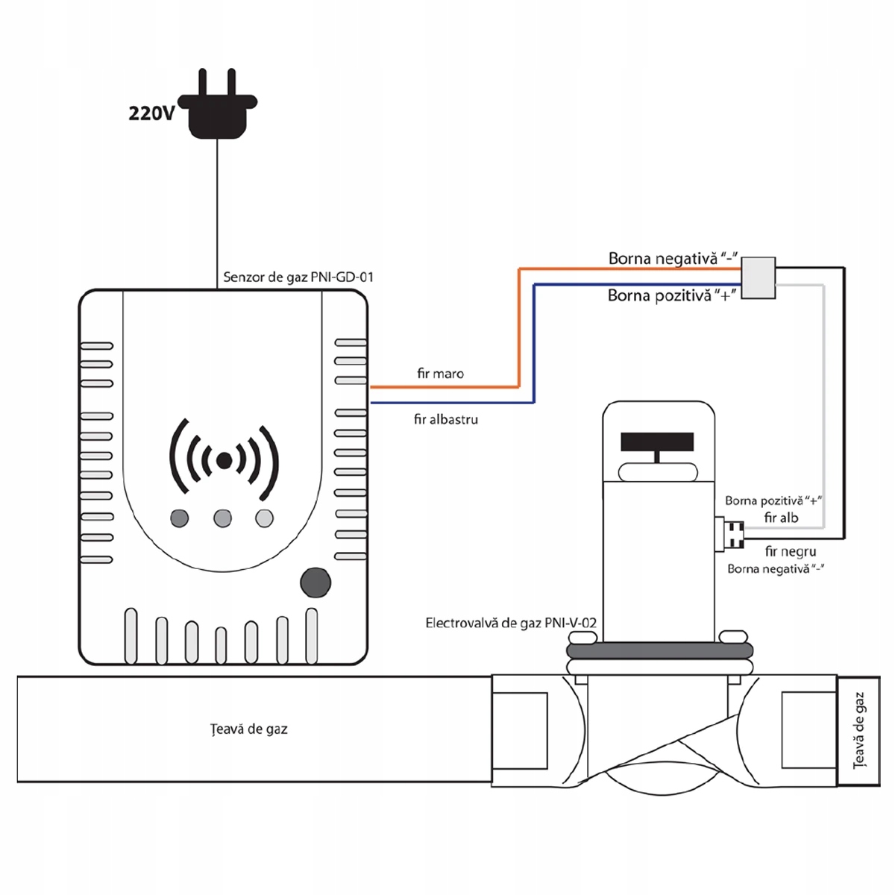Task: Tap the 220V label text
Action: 151,113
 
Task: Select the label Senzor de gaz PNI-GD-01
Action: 298,277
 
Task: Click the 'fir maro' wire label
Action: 440,374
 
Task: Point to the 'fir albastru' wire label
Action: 446,419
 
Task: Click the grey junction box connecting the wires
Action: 758,277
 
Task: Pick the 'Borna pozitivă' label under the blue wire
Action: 672,295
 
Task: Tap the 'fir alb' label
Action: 781,517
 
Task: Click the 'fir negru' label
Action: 790,552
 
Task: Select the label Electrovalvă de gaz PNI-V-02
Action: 510,623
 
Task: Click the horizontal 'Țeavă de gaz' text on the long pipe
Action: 248,729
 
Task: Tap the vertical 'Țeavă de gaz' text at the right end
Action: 859,730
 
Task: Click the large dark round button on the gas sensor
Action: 315,582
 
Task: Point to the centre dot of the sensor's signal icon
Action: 223,461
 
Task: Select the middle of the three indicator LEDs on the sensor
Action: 222,518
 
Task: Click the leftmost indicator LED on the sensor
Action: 179,518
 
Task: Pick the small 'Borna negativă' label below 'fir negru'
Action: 776,569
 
